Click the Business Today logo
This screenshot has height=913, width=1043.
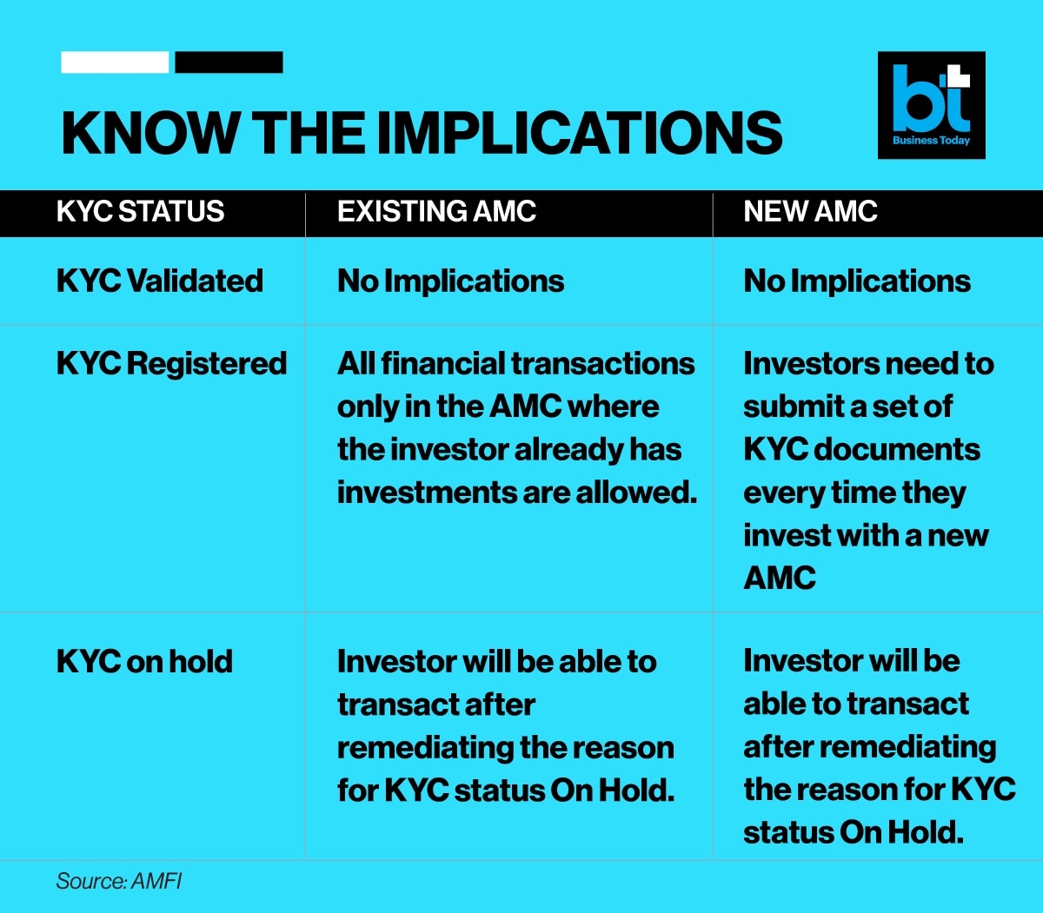(932, 105)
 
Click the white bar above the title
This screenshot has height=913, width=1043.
(115, 63)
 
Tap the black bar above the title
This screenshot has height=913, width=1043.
(229, 63)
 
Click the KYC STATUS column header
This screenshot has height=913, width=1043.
(140, 211)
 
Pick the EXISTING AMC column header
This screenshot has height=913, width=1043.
(437, 211)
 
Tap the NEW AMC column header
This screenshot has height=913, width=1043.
(811, 211)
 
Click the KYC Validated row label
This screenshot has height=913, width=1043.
(160, 281)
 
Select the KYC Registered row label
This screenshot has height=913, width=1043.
(172, 363)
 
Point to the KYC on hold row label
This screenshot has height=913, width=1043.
(145, 661)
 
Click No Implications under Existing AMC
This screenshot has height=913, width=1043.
(450, 281)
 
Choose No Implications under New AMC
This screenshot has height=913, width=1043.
(857, 281)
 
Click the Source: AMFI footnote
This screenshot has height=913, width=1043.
(119, 881)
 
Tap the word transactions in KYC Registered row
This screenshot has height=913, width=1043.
(603, 364)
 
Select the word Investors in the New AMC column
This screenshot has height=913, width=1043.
(811, 364)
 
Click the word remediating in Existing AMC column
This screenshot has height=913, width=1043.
(425, 748)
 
